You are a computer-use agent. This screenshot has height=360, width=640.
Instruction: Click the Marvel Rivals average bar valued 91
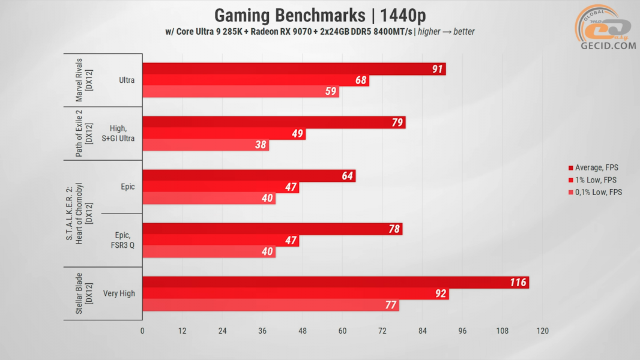(x=294, y=69)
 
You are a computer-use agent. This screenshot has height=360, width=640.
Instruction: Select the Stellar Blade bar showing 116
(x=335, y=283)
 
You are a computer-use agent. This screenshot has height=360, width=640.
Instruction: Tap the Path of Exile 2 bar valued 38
(x=205, y=145)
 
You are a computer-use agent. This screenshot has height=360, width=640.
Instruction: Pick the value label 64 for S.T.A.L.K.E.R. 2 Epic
(x=347, y=176)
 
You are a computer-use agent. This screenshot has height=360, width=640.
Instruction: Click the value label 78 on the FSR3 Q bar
(x=393, y=229)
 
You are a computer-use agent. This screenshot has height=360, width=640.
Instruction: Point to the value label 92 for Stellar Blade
(x=439, y=294)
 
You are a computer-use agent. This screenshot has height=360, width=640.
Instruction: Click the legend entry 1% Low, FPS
(x=595, y=180)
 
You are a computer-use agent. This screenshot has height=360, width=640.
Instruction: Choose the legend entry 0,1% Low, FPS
(x=598, y=193)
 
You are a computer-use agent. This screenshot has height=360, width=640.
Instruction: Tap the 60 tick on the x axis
(x=342, y=331)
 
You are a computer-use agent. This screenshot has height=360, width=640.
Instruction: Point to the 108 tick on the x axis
(x=503, y=331)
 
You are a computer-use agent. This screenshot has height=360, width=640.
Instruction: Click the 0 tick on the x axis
(x=142, y=331)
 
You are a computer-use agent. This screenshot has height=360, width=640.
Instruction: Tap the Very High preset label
(x=119, y=293)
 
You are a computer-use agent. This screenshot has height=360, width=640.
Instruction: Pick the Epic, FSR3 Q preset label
(x=122, y=240)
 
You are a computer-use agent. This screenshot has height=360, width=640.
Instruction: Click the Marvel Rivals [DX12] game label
(x=83, y=80)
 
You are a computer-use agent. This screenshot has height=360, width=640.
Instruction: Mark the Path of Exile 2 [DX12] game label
(x=83, y=133)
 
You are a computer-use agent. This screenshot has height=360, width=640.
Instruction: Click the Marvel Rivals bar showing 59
(x=240, y=92)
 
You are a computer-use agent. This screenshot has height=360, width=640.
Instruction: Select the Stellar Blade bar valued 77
(x=270, y=305)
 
